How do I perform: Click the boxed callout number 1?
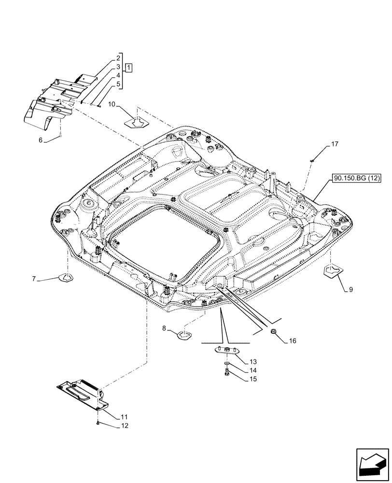point(129,67)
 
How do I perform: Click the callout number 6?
point(41,140)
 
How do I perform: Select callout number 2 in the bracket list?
point(118,57)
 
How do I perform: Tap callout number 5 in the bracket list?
point(118,85)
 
